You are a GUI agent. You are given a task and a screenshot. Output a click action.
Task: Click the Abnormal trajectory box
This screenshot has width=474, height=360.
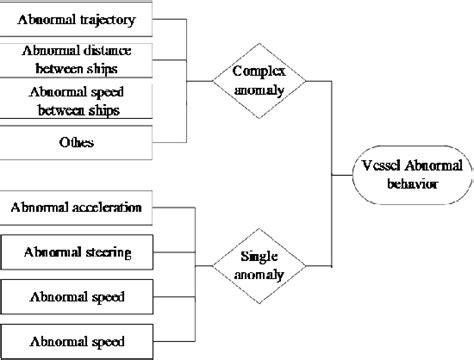point(77,19)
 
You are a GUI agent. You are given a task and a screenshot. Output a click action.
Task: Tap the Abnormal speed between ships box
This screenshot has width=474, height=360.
point(77,101)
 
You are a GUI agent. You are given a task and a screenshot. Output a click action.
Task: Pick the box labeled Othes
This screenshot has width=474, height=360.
point(77,141)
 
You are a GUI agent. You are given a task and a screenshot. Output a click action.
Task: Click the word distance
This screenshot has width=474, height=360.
point(106,50)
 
